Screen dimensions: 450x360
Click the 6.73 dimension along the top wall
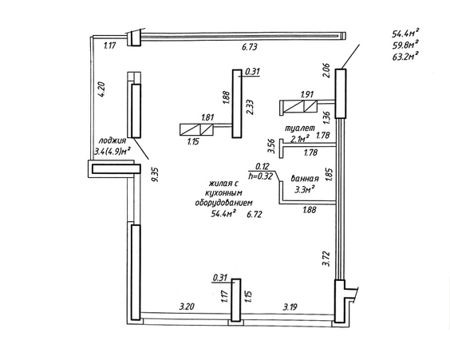click(250, 47)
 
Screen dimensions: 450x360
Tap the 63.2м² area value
click(405, 56)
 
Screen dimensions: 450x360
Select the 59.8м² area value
click(405, 45)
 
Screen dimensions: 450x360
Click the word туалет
click(300, 128)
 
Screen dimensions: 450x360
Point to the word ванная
click(305, 178)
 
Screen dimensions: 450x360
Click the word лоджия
click(112, 140)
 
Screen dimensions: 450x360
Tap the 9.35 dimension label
click(156, 175)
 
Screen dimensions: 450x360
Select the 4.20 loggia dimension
click(102, 89)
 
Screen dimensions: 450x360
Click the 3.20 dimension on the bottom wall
click(187, 307)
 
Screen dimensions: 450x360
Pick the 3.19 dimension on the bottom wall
click(290, 307)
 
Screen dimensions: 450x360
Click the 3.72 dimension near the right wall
click(326, 259)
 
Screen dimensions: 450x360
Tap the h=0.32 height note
click(260, 176)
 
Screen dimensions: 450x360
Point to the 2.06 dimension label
click(327, 71)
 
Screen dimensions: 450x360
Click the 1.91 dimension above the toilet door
click(307, 94)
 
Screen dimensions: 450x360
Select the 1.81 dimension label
click(207, 117)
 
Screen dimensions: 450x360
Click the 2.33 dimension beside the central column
click(250, 107)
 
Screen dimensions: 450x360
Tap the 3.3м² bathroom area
click(305, 190)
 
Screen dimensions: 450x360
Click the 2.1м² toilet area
click(300, 139)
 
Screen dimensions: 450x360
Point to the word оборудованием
click(224, 203)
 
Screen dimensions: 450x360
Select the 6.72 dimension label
click(255, 214)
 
